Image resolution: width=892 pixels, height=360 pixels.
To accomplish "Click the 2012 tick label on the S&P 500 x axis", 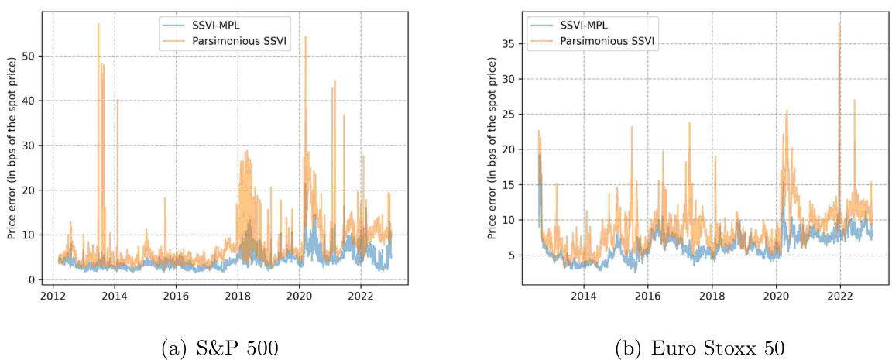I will (53, 296).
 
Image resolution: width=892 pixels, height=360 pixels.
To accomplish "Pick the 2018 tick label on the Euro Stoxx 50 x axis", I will (712, 296).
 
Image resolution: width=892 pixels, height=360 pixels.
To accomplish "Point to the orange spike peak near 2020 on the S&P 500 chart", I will (305, 37).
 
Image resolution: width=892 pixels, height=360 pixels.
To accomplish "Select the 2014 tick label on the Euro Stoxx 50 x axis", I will (583, 296).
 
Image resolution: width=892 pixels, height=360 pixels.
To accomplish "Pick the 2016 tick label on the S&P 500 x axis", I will (176, 296).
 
